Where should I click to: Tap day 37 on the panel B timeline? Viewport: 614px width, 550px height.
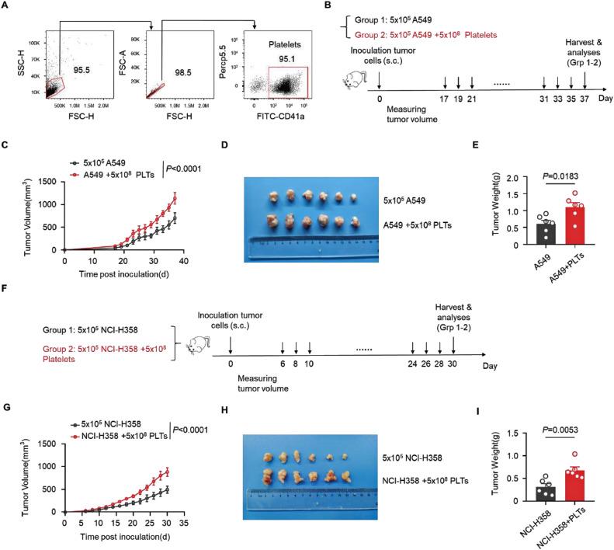[585, 99]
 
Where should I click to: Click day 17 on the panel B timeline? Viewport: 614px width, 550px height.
[445, 99]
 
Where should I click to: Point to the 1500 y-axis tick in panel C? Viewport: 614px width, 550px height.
[50, 181]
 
